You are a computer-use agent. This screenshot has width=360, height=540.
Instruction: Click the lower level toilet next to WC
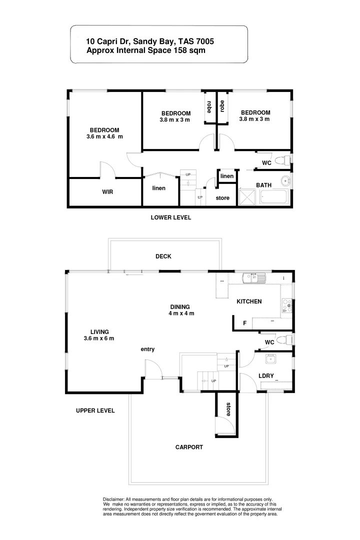[x=284, y=160]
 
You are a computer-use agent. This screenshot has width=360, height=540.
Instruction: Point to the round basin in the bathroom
[x=285, y=181]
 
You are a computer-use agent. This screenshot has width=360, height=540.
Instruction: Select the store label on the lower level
[x=222, y=198]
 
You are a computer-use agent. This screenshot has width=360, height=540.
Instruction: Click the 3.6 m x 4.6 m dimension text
[x=104, y=136]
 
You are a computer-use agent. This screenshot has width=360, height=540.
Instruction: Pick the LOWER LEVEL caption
[x=171, y=217]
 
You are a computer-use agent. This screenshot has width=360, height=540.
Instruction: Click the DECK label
[x=163, y=256]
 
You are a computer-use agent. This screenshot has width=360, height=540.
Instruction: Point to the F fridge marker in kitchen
[x=245, y=323]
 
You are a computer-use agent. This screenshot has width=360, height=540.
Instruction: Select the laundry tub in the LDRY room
[x=270, y=357]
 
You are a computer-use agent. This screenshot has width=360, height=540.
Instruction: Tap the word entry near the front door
[x=147, y=349]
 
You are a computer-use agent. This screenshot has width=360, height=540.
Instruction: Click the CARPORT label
[x=189, y=447]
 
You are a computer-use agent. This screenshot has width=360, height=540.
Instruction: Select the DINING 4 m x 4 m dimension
[x=181, y=313]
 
